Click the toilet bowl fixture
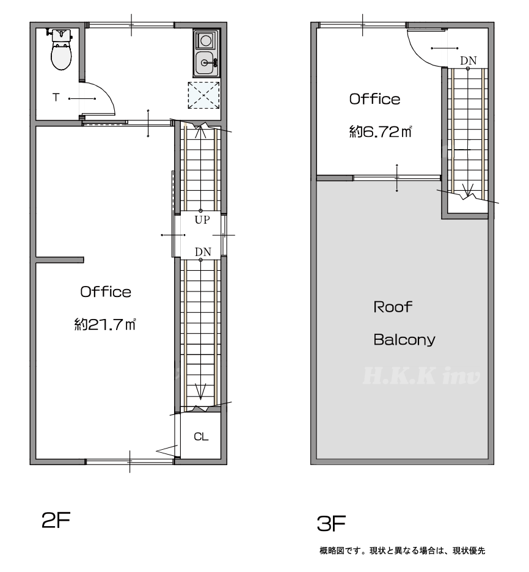[x=61, y=50]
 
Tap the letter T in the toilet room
[x=56, y=97]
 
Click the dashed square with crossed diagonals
[x=204, y=95]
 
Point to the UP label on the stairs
[x=202, y=220]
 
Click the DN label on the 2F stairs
[x=203, y=252]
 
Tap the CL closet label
[x=201, y=436]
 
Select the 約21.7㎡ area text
[x=105, y=324]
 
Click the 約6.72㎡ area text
[x=381, y=131]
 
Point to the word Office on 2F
[x=106, y=292]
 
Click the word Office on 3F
[x=375, y=99]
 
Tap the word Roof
[x=393, y=307]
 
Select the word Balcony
[x=404, y=340]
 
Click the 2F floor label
[x=56, y=520]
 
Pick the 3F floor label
[x=331, y=524]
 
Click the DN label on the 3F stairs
[x=468, y=61]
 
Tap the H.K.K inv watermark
[x=421, y=376]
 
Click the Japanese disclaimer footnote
[x=402, y=551]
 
